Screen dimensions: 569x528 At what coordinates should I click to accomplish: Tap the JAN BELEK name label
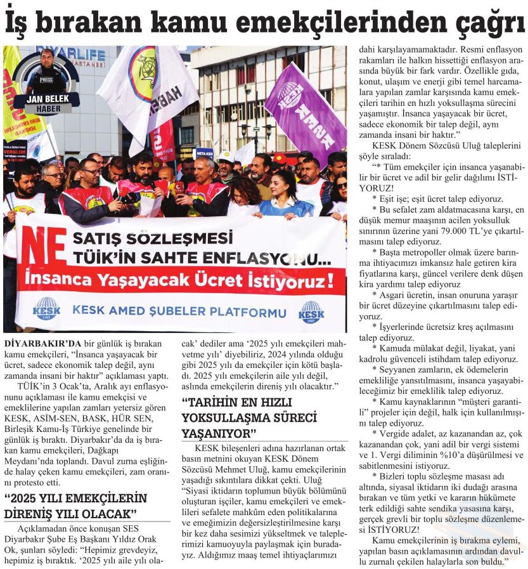click(x=46, y=99)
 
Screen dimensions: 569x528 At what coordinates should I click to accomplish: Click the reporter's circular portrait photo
click(x=46, y=73)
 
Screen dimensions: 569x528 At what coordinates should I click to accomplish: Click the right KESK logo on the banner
click(x=311, y=311)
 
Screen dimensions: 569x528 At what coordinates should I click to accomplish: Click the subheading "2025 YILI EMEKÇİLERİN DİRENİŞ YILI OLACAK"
click(x=76, y=505)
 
